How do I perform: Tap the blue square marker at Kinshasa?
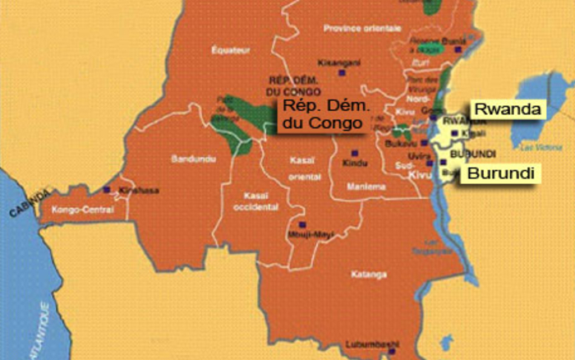coord(107,190)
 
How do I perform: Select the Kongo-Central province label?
coord(81,210)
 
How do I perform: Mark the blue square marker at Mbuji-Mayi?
coord(302,224)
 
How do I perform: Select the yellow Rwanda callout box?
coord(504,108)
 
